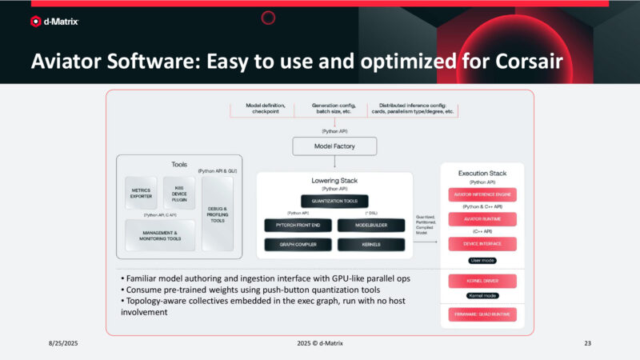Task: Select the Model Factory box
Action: pyautogui.click(x=334, y=146)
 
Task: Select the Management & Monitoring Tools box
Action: pyautogui.click(x=162, y=235)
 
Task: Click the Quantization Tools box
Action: pyautogui.click(x=334, y=202)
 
